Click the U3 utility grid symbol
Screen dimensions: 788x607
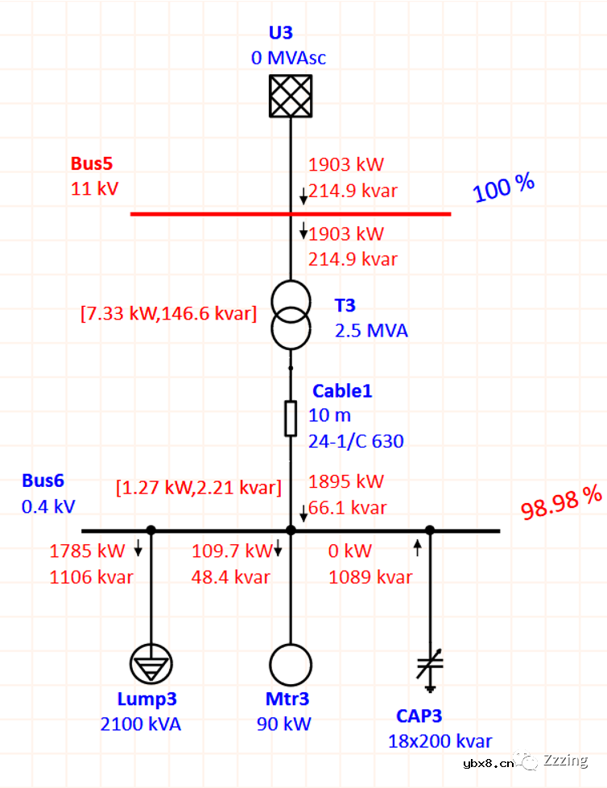(x=290, y=96)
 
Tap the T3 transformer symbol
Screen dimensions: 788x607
(x=290, y=314)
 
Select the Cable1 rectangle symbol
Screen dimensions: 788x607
(x=291, y=419)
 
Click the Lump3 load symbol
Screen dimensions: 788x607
(x=151, y=665)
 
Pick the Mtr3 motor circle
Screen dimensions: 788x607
(x=290, y=665)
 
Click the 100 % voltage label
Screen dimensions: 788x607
(x=504, y=188)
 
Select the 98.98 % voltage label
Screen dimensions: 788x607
(x=561, y=503)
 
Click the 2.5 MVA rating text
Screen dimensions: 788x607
(x=371, y=331)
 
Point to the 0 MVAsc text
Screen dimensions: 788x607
(x=288, y=58)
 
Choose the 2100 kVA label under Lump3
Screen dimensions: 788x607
(x=141, y=724)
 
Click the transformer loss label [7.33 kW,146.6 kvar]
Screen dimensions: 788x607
(x=168, y=314)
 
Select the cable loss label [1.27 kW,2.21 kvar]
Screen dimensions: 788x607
(x=199, y=487)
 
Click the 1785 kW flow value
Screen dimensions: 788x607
(x=88, y=551)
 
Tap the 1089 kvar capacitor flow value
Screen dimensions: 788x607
(x=370, y=577)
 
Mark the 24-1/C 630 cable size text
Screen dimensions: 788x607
(x=356, y=441)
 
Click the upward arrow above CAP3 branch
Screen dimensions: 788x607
(x=417, y=549)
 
